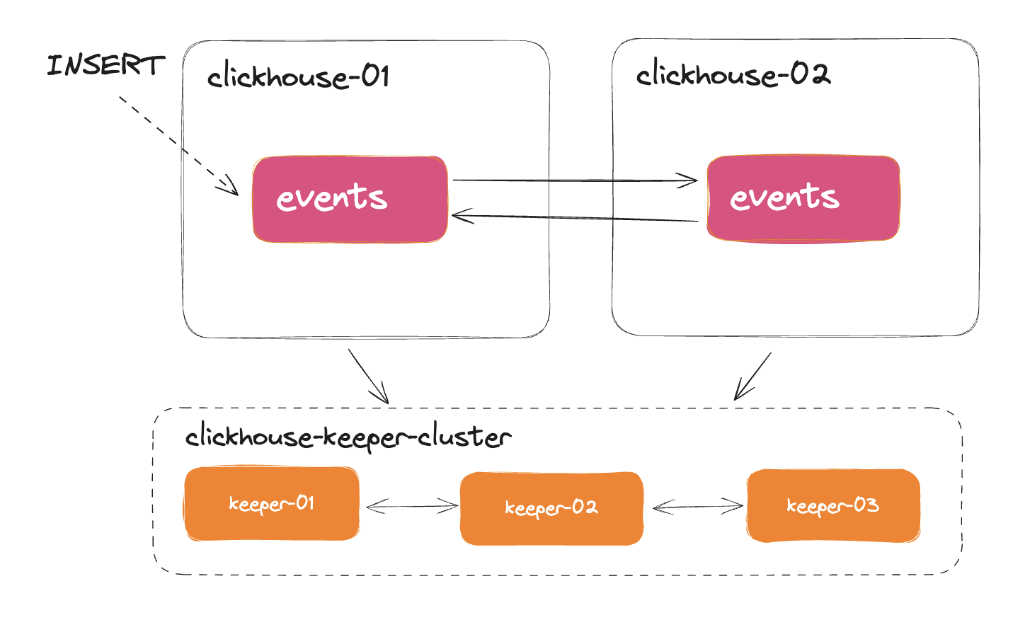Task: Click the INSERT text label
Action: coord(105,65)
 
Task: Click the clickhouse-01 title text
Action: coord(298,76)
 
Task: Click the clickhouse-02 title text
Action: coord(733,74)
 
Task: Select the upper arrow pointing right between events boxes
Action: coord(573,180)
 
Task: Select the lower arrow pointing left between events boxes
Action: coord(573,218)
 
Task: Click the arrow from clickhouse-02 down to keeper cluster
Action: coord(753,376)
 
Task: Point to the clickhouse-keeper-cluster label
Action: coord(348,437)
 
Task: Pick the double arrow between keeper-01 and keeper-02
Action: coord(412,506)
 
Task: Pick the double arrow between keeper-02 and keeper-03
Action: coord(697,506)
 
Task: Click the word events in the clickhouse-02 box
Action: coord(784,197)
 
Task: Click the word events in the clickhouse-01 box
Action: coord(331,197)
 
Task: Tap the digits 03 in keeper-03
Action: coord(866,505)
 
